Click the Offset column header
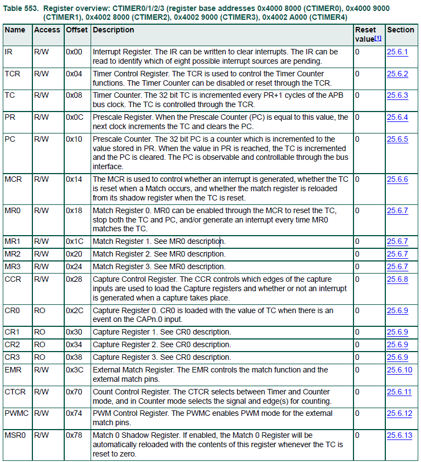76,30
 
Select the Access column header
47,30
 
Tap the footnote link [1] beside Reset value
378,38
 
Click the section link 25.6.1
397,52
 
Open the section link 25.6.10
399,370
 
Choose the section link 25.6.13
399,435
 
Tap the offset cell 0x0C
75,118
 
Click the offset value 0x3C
75,370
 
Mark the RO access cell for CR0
40,310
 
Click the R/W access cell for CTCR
42,392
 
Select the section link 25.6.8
397,279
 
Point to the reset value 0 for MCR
357,179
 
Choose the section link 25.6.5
397,140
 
